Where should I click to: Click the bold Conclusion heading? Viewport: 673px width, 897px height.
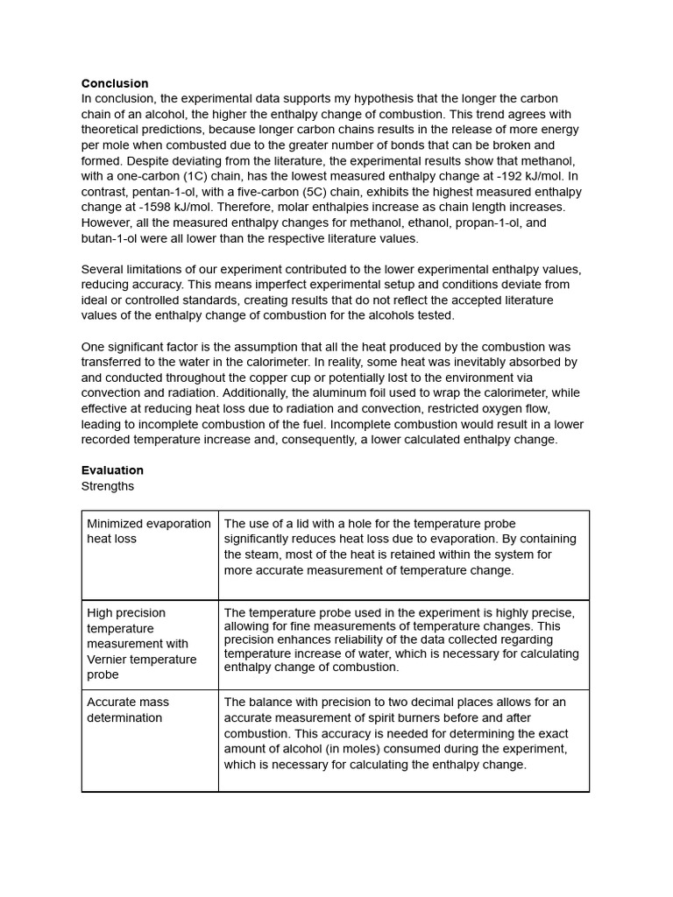click(x=115, y=83)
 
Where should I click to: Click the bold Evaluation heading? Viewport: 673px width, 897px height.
click(x=112, y=470)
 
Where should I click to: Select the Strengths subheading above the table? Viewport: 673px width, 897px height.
click(x=108, y=486)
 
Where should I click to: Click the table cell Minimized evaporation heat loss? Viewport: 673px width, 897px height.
click(x=149, y=532)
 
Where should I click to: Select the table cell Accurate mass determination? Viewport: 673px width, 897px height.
click(x=128, y=710)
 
